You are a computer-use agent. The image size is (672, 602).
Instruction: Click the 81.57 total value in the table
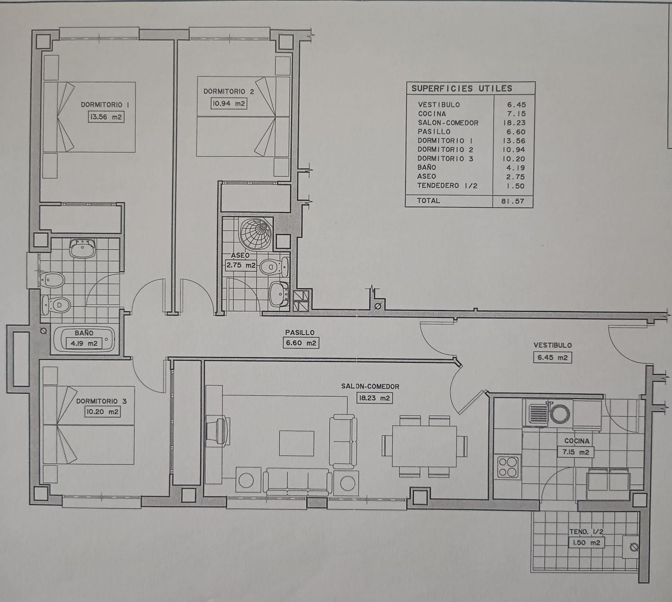point(513,201)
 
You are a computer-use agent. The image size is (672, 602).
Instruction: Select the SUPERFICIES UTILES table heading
point(462,88)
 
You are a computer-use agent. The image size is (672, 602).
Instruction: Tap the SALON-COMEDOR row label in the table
point(448,123)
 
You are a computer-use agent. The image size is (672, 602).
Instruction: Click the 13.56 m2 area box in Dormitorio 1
point(106,117)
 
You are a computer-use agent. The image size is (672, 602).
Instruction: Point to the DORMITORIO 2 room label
point(228,91)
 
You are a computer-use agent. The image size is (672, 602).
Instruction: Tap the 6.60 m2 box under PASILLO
point(301,343)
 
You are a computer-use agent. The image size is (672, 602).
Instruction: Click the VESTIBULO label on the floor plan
point(552,345)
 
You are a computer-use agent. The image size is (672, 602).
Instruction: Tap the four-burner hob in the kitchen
point(508,467)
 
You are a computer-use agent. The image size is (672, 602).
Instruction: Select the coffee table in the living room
point(297,443)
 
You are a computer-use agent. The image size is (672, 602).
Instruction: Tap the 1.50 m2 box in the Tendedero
point(586,542)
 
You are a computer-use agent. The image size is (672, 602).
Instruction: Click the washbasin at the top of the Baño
point(83,249)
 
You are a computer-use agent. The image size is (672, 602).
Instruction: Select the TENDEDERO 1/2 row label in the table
point(447,186)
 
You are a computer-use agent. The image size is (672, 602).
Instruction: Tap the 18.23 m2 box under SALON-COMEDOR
point(374,398)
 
